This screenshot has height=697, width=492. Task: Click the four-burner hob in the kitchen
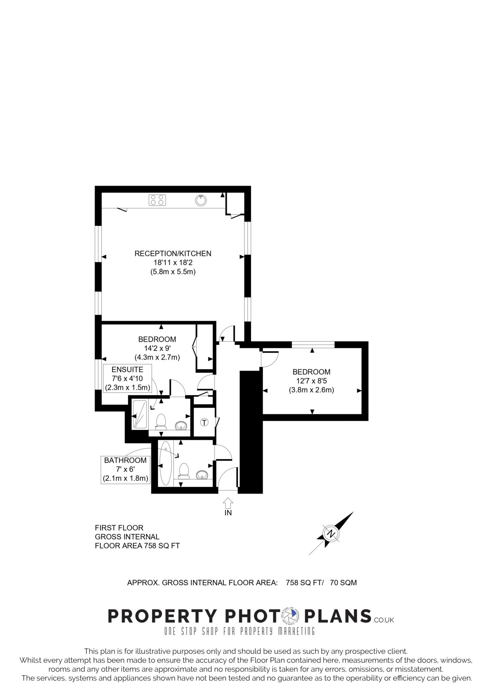click(x=157, y=200)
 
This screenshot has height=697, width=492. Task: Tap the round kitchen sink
click(x=201, y=200)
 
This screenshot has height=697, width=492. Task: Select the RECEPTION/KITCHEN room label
click(x=173, y=254)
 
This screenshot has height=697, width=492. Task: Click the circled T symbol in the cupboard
click(x=204, y=422)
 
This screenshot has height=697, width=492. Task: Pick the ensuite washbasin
click(x=181, y=425)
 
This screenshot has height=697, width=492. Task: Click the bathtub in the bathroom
click(x=166, y=463)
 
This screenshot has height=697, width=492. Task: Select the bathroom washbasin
click(x=203, y=474)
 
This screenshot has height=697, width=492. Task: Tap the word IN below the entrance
click(x=228, y=513)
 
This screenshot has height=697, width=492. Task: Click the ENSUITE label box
click(x=128, y=378)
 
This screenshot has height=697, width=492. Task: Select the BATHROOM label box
click(x=125, y=470)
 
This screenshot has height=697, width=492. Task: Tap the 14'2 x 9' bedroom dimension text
click(x=157, y=348)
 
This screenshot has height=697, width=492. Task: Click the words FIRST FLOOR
click(x=119, y=528)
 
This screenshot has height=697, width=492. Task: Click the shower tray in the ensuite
click(x=139, y=414)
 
